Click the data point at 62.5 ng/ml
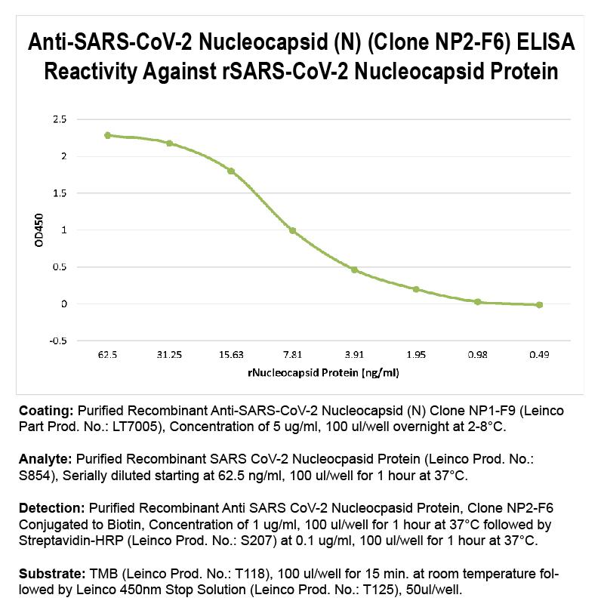107,135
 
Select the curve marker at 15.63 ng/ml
231,171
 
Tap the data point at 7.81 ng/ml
292,231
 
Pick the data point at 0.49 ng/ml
539,305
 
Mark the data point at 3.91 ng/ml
354,270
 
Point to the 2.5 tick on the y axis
60,119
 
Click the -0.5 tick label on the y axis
57,341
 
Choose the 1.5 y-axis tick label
60,193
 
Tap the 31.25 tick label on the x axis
169,354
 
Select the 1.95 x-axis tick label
415,354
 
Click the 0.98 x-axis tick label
477,354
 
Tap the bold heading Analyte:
45,459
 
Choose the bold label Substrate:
50,575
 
